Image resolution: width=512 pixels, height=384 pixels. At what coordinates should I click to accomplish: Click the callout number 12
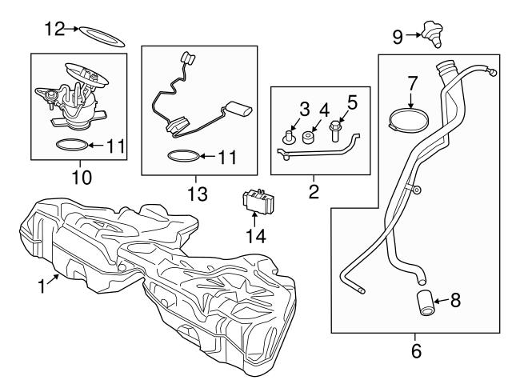(x=54, y=29)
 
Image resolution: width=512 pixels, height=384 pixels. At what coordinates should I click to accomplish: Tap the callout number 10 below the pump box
(x=82, y=174)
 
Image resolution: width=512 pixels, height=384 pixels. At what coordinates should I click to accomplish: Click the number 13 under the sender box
(x=198, y=194)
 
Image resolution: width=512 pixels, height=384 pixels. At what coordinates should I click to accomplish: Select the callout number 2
(x=314, y=192)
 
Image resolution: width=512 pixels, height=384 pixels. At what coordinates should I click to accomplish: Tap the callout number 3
(x=304, y=109)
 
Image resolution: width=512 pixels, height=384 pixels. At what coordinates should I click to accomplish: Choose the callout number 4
(x=324, y=109)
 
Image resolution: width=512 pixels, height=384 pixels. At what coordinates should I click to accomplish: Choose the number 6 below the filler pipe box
(x=414, y=350)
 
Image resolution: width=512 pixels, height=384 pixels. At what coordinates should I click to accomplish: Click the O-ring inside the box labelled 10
(x=70, y=146)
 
